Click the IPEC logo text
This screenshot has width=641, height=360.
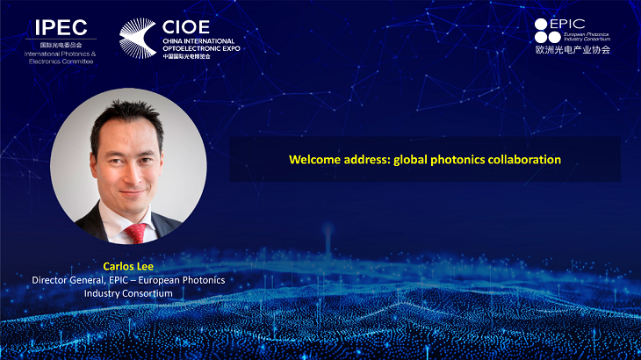point(61,28)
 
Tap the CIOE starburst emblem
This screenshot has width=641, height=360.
point(137,38)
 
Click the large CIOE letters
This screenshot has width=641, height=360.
point(186,27)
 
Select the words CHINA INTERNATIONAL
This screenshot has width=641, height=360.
point(198,41)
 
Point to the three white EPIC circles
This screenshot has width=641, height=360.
point(547,31)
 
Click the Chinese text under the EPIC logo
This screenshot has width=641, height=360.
point(573,50)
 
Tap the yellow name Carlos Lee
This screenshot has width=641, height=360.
point(128,266)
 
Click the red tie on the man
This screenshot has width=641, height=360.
point(136,234)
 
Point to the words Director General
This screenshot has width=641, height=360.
point(68,280)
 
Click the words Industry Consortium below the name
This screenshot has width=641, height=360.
point(128,293)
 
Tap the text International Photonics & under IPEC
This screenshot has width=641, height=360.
point(60,54)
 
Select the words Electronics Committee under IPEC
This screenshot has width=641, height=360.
point(61,61)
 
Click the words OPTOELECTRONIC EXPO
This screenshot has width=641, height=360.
point(201,48)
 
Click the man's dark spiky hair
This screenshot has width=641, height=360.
point(127,119)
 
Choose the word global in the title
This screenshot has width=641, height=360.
point(410,160)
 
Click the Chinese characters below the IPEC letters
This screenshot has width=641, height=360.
point(61,45)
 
